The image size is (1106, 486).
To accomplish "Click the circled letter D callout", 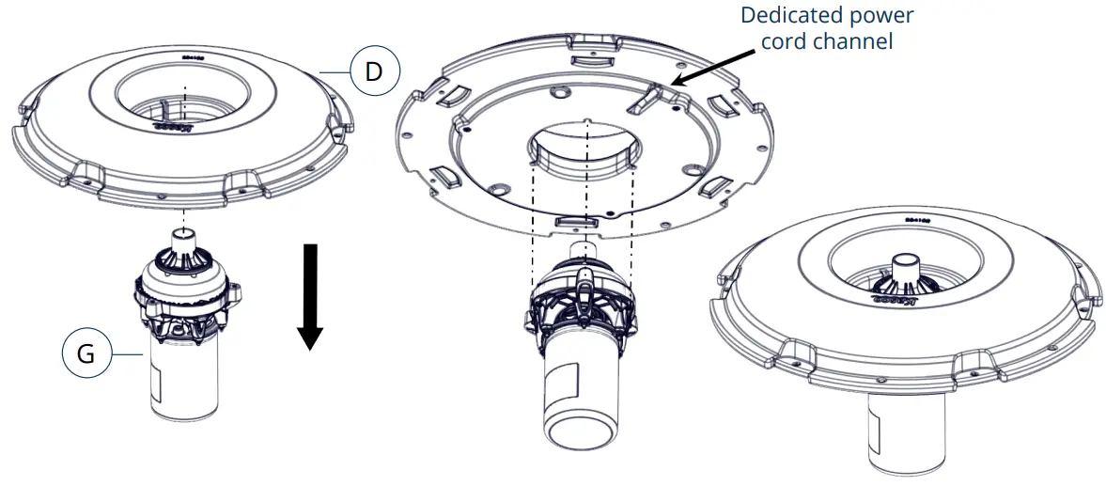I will coord(374,72).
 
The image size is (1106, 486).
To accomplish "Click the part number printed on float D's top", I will coord(194,56).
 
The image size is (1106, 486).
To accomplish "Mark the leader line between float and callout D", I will coord(335,72).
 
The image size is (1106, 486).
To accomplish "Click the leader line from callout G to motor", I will coord(127,354).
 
